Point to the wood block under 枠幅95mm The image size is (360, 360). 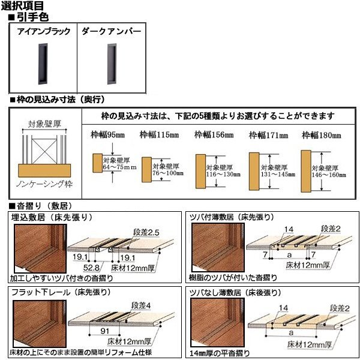[x=95, y=162]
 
